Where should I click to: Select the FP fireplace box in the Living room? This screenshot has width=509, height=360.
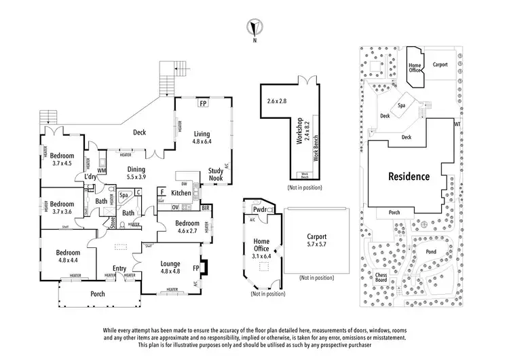tap(202, 104)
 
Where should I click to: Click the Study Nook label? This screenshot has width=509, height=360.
tap(216, 175)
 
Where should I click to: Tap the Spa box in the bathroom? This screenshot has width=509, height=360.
tap(124, 196)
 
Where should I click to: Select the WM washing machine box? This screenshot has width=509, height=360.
tap(102, 170)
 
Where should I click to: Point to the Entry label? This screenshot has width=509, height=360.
tap(119, 268)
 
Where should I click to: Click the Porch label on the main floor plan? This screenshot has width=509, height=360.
tap(98, 294)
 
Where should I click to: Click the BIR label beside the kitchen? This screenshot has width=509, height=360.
tap(205, 208)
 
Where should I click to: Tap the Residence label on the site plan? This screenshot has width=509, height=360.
tap(409, 176)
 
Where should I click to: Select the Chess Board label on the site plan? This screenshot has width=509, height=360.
tap(381, 277)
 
